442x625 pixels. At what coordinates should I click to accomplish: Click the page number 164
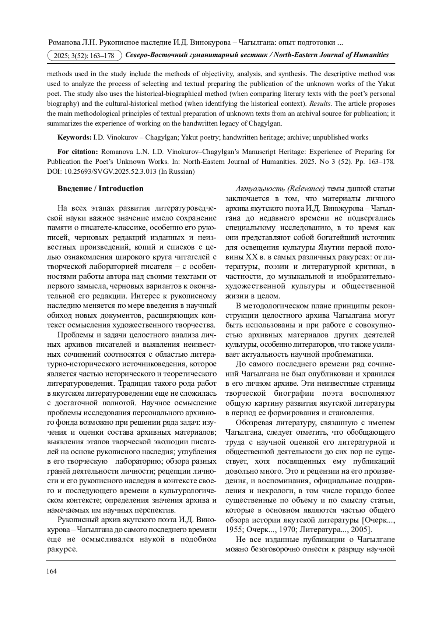tap(52, 571)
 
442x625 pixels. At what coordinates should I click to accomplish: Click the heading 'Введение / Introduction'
tap(100, 188)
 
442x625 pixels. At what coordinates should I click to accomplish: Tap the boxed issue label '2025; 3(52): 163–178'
tap(84, 56)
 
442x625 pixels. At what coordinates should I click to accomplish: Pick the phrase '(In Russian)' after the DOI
tap(176, 171)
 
